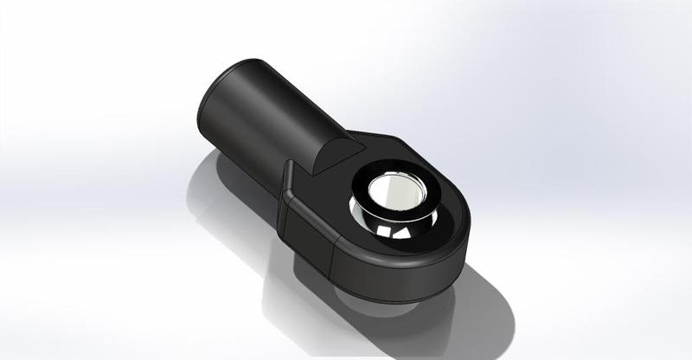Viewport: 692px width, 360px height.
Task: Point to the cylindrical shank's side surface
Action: (277, 121)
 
